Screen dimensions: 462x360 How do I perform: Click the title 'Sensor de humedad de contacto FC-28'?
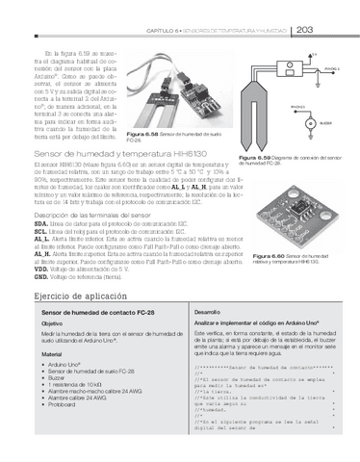click(x=94, y=313)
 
